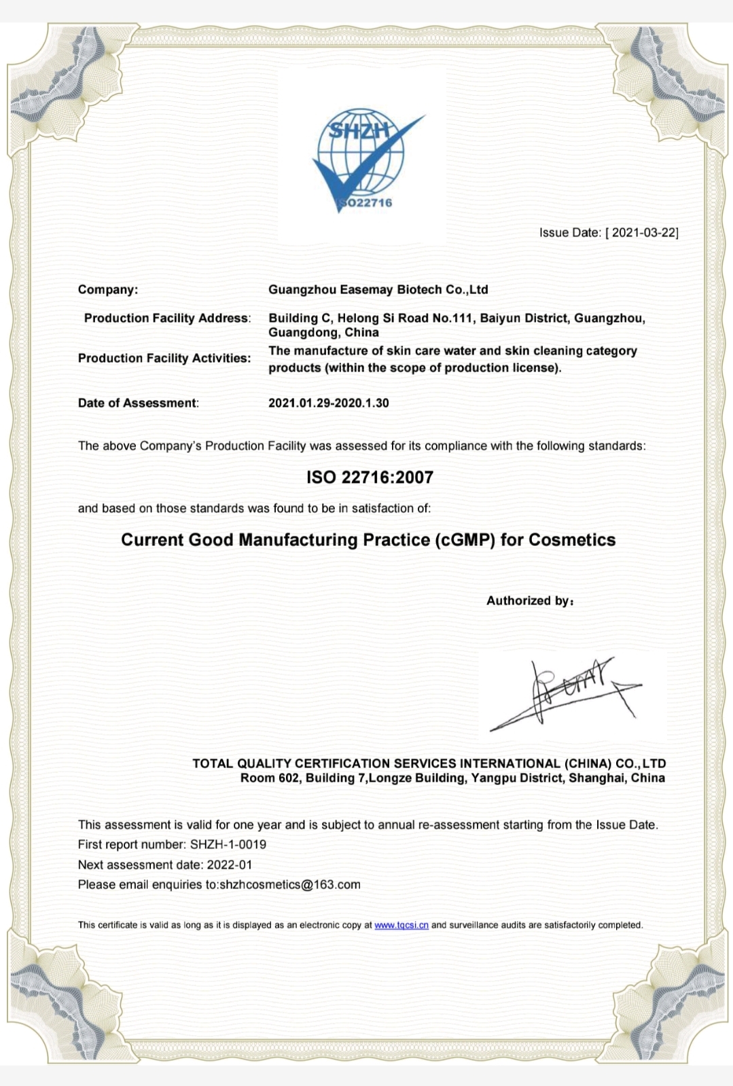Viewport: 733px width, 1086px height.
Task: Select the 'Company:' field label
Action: tap(108, 289)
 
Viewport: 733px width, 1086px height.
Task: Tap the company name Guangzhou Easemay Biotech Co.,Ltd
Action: tap(378, 289)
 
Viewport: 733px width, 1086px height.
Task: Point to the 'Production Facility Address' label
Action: tap(166, 318)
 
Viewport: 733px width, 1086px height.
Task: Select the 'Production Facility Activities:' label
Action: tap(164, 358)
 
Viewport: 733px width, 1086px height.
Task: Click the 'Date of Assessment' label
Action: tap(138, 403)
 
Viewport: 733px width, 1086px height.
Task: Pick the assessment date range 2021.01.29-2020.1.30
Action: tap(329, 403)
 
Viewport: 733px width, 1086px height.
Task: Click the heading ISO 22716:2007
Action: tap(370, 477)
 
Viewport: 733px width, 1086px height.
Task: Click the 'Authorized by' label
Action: tap(529, 600)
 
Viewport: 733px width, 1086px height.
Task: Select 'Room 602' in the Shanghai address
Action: tap(270, 778)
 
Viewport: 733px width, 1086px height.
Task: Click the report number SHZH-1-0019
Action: tap(228, 844)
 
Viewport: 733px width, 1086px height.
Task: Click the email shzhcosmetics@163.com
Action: tap(290, 884)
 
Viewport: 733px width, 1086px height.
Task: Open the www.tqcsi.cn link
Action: tap(401, 925)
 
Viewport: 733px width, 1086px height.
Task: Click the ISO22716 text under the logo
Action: tap(367, 202)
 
